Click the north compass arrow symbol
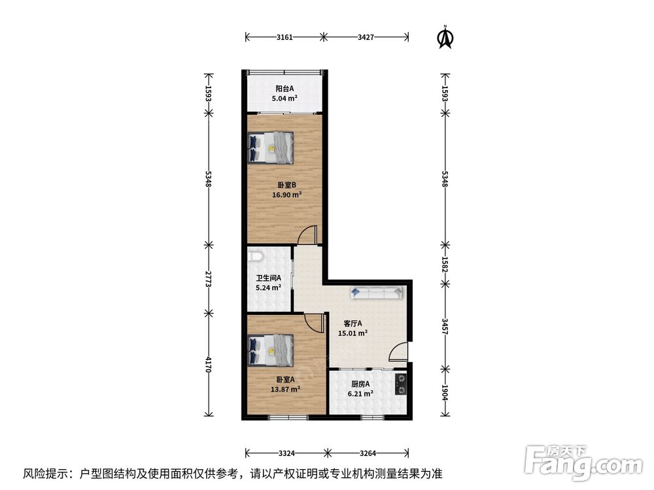pos(445,37)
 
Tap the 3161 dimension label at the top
pos(284,37)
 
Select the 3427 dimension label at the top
pos(366,37)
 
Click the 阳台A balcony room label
pos(284,88)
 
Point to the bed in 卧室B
pos(271,148)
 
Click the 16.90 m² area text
pos(287,195)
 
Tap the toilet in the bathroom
pos(255,255)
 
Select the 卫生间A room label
pos(268,278)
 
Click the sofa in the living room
pos(377,292)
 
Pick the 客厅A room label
pos(353,323)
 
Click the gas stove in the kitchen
pos(401,384)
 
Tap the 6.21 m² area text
pos(360,393)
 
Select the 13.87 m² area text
pos(285,389)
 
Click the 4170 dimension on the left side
pos(209,365)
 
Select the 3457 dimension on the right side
pos(445,326)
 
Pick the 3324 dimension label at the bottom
pos(287,453)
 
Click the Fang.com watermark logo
pos(583,463)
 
